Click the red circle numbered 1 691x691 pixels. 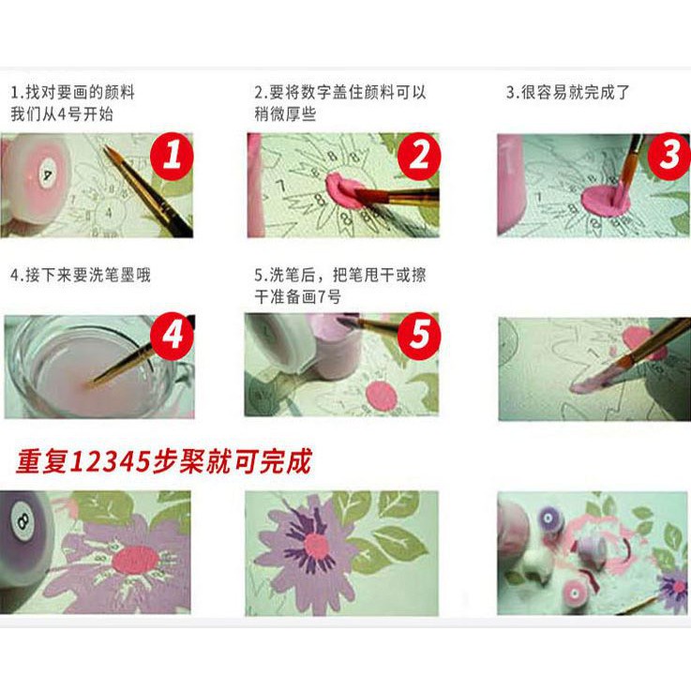coord(172,156)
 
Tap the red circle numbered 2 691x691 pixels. coord(419,156)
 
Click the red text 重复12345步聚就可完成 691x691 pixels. coord(162,461)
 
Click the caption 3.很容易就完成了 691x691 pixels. coord(567,93)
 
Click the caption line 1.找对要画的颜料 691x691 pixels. coord(72,93)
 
